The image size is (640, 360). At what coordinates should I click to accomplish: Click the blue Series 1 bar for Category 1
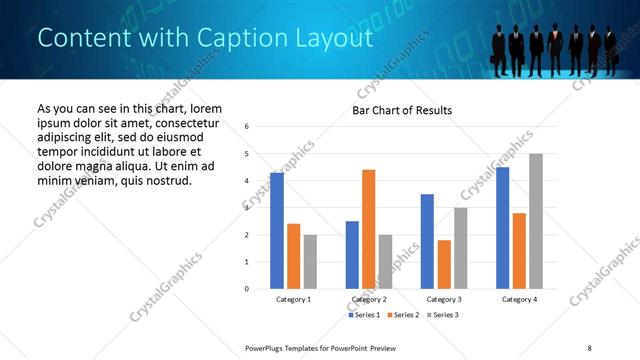pyautogui.click(x=277, y=231)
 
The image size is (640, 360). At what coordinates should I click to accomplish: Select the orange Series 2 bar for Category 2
pyautogui.click(x=368, y=229)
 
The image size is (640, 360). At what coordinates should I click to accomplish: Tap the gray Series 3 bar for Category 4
pyautogui.click(x=535, y=221)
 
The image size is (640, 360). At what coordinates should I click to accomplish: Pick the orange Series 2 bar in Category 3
pyautogui.click(x=444, y=264)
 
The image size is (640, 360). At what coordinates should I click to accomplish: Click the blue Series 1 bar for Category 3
pyautogui.click(x=427, y=241)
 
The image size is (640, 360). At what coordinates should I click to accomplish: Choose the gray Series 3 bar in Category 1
pyautogui.click(x=310, y=262)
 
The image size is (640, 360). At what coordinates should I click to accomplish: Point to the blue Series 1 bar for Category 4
pyautogui.click(x=502, y=228)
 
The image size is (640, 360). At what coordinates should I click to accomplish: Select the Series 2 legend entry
pyautogui.click(x=403, y=315)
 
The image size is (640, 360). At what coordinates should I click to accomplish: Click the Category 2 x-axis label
pyautogui.click(x=369, y=299)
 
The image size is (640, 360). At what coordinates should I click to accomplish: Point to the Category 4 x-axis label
pyautogui.click(x=519, y=299)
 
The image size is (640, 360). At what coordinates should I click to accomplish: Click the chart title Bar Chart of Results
pyautogui.click(x=402, y=110)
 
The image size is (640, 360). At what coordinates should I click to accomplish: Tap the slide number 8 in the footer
pyautogui.click(x=589, y=347)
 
